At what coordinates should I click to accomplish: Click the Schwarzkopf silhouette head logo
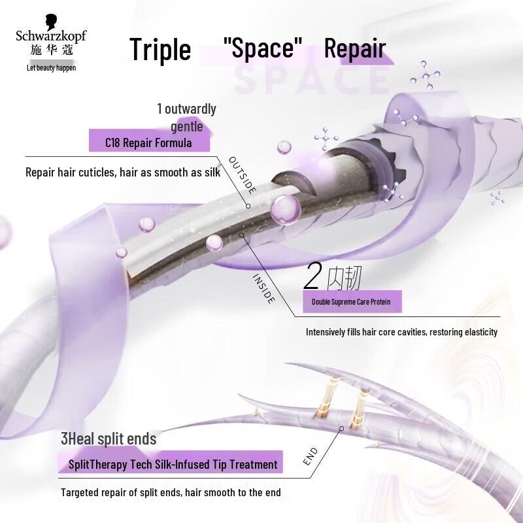[51, 22]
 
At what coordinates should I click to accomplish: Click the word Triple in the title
[160, 50]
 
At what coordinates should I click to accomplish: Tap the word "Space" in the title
[263, 47]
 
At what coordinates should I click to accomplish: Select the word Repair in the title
[355, 48]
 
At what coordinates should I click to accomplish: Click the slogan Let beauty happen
[52, 68]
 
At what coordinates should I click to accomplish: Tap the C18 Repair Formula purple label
[149, 143]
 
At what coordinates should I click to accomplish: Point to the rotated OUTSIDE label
[243, 175]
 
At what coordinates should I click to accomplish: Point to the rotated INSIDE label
[264, 288]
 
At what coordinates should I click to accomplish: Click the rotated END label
[310, 456]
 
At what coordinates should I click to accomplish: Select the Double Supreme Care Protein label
[352, 301]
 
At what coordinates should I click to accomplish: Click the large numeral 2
[312, 275]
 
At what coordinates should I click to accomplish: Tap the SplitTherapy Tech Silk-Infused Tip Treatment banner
[171, 464]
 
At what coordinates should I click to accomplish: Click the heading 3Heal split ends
[109, 439]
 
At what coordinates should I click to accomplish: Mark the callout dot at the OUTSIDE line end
[248, 206]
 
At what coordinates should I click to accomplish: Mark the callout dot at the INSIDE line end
[241, 235]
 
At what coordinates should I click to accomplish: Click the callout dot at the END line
[341, 429]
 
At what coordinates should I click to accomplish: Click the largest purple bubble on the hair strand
[286, 210]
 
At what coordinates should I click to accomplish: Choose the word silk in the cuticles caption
[212, 172]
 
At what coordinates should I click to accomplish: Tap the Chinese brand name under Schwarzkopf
[52, 50]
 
